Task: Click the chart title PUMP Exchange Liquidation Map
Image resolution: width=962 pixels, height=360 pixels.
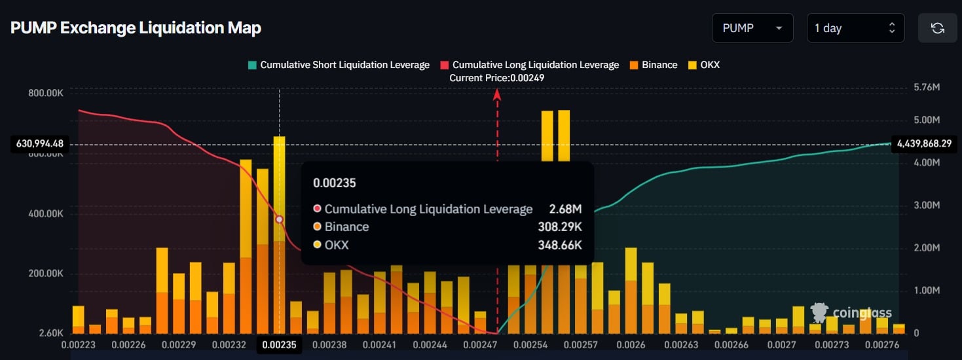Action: pos(136,28)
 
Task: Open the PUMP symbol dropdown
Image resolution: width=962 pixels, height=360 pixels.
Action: pos(752,28)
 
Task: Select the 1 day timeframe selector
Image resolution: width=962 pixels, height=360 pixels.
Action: pos(855,28)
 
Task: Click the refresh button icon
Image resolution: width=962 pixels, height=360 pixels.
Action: pos(937,28)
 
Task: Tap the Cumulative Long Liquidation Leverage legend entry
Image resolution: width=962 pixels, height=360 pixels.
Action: pos(528,65)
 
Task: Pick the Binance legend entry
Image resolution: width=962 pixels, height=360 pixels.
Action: pos(653,65)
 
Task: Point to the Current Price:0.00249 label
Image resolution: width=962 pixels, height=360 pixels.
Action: pos(496,78)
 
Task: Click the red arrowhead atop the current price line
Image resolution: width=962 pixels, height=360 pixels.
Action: pos(497,94)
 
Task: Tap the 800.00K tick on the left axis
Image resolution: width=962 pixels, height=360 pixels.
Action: pos(46,93)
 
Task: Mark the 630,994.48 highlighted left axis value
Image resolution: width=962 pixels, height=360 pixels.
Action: pos(37,144)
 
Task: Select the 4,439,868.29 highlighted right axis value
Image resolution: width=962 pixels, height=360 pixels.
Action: pos(923,143)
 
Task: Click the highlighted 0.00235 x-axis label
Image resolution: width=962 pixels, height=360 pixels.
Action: pos(280,344)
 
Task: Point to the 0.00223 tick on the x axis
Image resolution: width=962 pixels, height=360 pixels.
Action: pos(78,344)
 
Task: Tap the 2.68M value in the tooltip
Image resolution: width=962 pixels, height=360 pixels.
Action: pos(565,209)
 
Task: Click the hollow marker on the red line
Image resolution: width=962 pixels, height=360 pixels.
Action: pos(280,220)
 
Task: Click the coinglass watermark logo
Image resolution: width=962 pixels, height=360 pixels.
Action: pos(851,313)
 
